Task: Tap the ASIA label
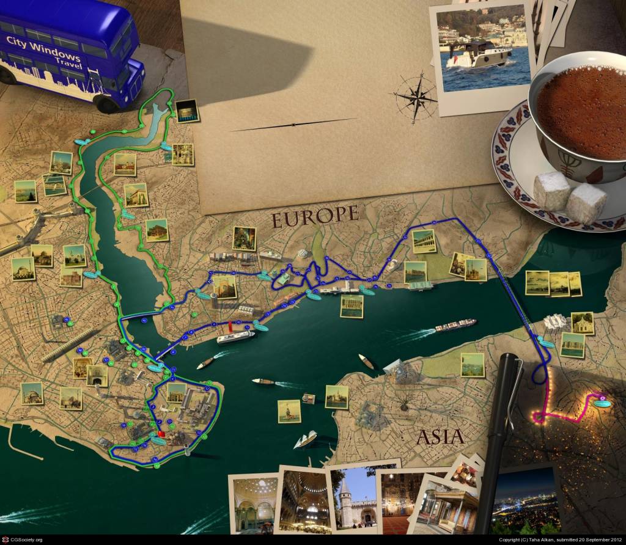(x=440, y=436)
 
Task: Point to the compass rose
(x=415, y=96)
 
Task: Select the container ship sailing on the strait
(x=455, y=324)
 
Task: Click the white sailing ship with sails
(x=306, y=439)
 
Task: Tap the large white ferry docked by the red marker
(x=236, y=336)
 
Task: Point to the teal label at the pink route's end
(x=602, y=403)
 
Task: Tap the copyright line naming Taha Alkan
(x=559, y=540)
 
